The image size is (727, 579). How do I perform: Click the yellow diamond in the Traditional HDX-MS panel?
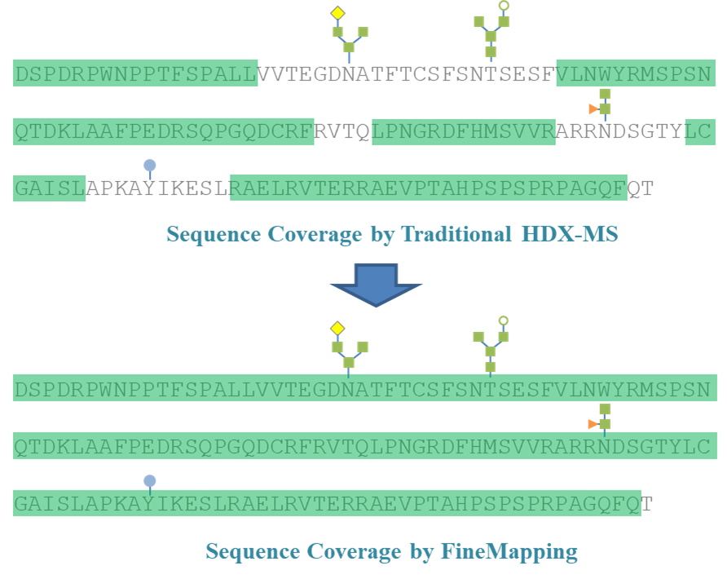click(337, 13)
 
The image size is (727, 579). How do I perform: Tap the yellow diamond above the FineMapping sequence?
click(337, 328)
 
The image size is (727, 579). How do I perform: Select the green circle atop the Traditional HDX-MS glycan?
click(504, 5)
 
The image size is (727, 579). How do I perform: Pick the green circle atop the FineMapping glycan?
click(504, 320)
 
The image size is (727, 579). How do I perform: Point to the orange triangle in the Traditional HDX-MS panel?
click(593, 108)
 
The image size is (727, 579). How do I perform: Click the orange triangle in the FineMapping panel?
click(593, 424)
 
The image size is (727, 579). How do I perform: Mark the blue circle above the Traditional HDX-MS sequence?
click(150, 166)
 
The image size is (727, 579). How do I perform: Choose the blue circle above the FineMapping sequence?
click(150, 481)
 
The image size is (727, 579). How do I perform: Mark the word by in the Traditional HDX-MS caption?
click(382, 235)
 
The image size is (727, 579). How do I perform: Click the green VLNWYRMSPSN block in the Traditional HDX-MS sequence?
click(636, 73)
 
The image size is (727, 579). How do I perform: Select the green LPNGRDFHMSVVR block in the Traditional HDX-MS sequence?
click(463, 131)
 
